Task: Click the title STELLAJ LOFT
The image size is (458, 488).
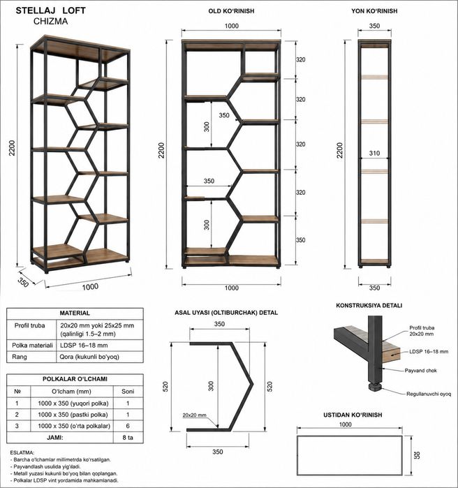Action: coord(50,10)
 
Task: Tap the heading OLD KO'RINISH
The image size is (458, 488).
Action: coord(231,11)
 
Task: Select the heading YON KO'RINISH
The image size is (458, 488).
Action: coord(374,11)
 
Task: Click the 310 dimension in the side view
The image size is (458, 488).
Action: coord(374,153)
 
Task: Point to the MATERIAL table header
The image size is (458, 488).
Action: coord(75,313)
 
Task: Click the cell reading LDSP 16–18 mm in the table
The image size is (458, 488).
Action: coord(84,345)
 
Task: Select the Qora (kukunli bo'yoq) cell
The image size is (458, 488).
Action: coord(89,357)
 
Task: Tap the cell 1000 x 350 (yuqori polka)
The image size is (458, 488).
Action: coord(73,404)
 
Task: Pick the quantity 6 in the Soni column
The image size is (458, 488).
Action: coord(128,426)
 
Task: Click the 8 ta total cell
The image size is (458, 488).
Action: coord(128,437)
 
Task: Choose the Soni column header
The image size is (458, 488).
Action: coord(128,391)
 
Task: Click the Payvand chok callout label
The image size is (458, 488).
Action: coord(420,370)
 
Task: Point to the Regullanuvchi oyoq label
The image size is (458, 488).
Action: coord(429,394)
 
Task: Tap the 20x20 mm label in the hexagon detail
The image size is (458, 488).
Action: coord(194,415)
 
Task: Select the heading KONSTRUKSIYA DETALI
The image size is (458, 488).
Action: coord(369,306)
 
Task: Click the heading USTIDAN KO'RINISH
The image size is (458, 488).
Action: coord(353,415)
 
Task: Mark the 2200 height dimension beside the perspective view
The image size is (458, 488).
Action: coord(12,148)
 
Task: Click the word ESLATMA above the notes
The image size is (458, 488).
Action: coord(22,452)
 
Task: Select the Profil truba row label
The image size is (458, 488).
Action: coord(29,325)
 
